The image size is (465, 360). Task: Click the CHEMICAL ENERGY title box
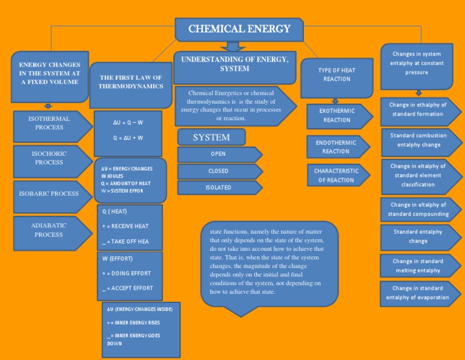[x=239, y=29]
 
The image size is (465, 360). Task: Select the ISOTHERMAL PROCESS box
[x=49, y=123]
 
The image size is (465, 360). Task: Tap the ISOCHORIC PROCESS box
[x=49, y=158]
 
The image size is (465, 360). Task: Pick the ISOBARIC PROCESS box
[x=49, y=194]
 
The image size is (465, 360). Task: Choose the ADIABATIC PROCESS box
[x=49, y=230]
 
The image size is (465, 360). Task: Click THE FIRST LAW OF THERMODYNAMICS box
[x=131, y=82]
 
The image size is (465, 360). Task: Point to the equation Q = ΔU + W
[x=128, y=138]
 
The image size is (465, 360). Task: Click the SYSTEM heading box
[x=211, y=138]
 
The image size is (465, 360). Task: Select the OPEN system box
[x=218, y=154]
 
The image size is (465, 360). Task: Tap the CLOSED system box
[x=218, y=171]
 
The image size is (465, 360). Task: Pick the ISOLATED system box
[x=218, y=187]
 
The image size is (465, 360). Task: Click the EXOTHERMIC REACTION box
[x=337, y=116]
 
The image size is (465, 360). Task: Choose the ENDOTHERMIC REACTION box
[x=336, y=147]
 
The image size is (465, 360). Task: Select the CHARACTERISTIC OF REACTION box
[x=336, y=175]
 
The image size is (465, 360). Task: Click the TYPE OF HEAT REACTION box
[x=337, y=75]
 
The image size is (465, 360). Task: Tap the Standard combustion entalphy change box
[x=419, y=140]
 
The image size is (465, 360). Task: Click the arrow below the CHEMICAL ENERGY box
[x=232, y=46]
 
